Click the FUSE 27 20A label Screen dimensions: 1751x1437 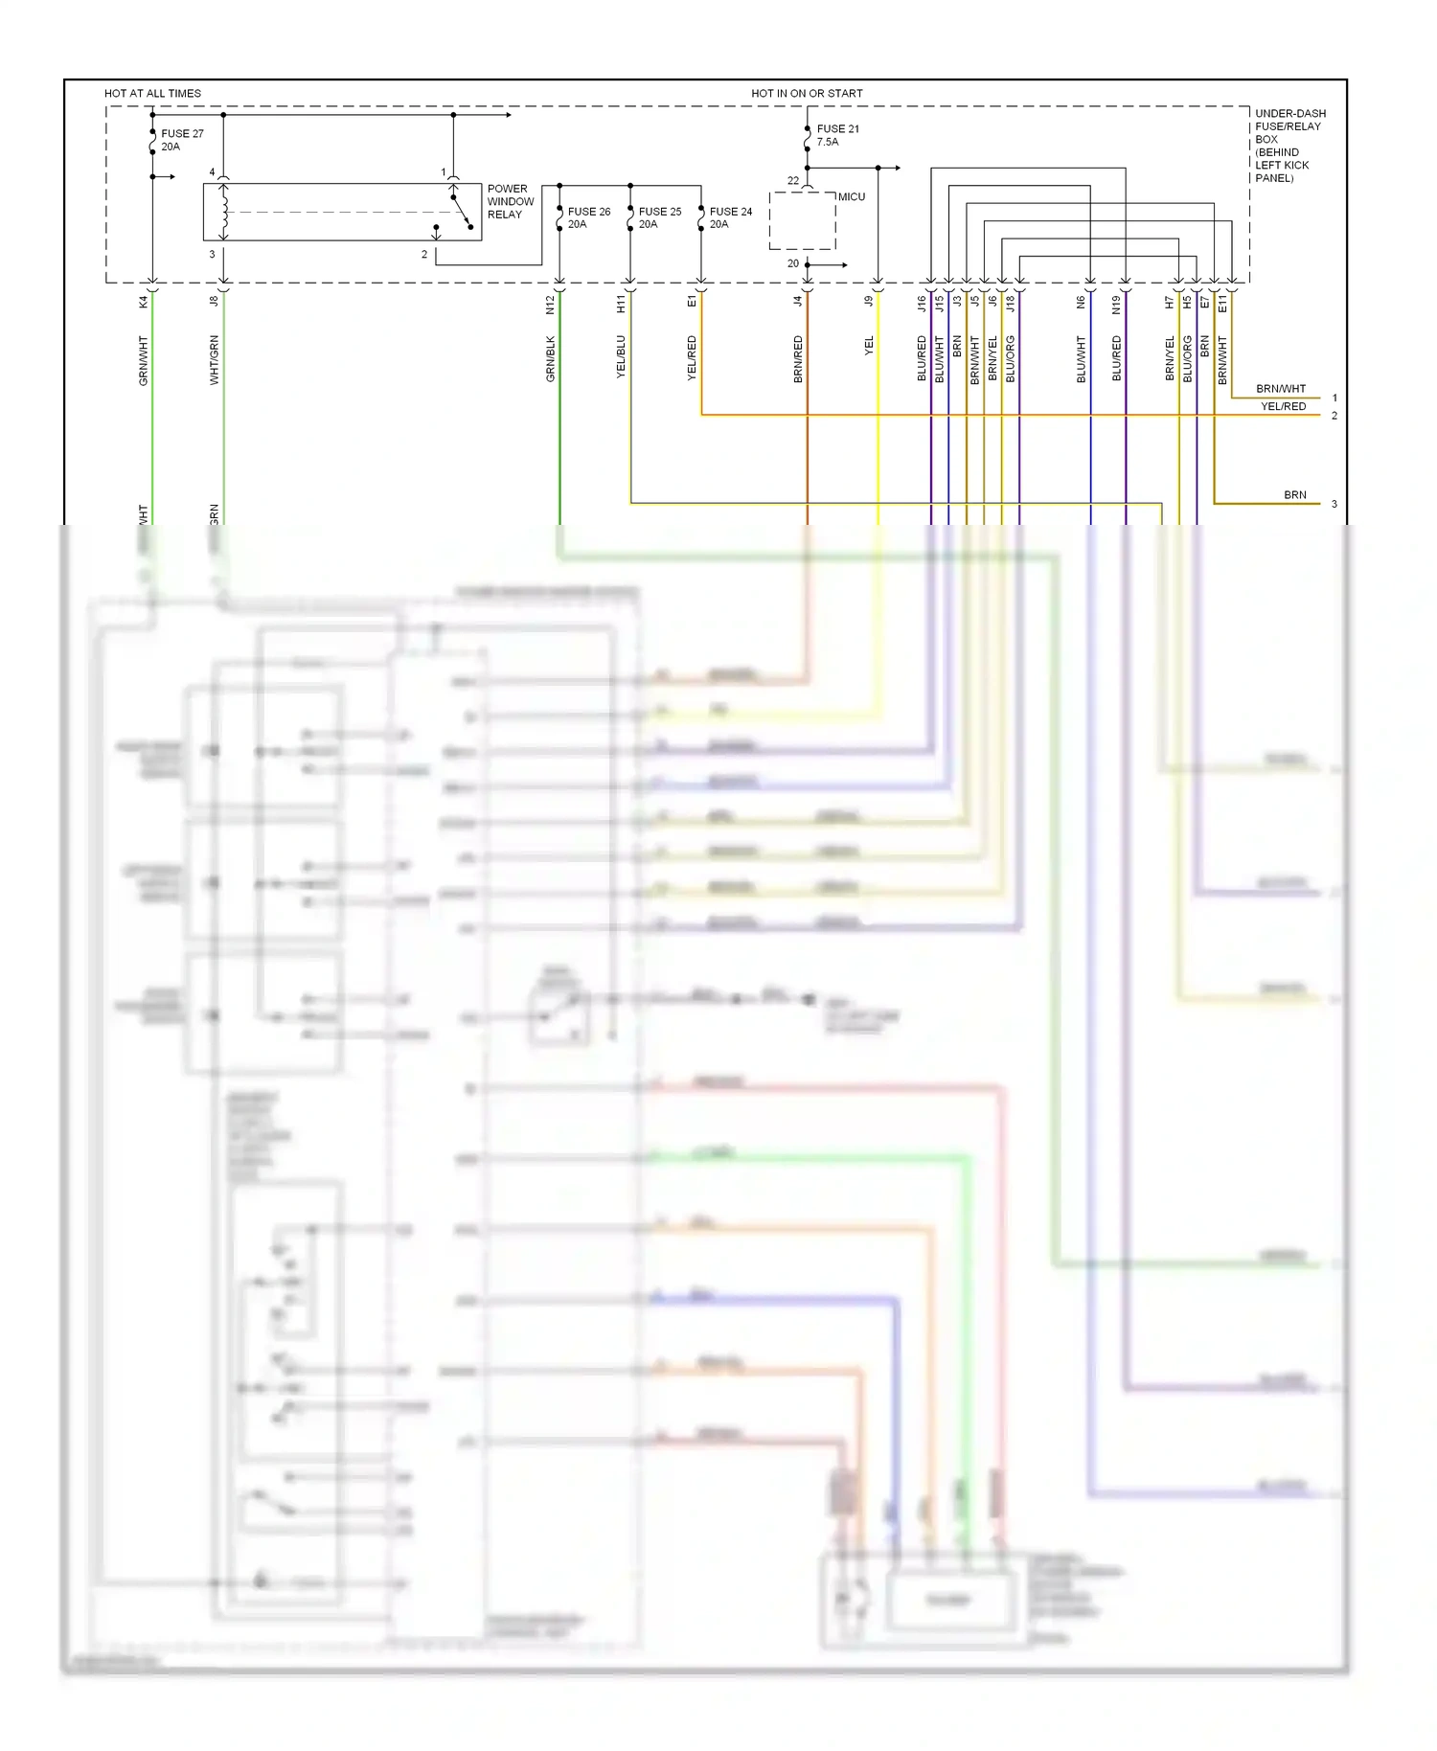[x=181, y=140]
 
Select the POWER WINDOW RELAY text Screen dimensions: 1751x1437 [x=510, y=202]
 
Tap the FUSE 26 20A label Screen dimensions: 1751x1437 [x=587, y=217]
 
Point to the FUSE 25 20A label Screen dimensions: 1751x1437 [x=659, y=217]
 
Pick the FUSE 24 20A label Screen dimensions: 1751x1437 [x=730, y=217]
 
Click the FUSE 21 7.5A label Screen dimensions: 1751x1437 [x=836, y=135]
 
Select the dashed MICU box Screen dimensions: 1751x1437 [x=803, y=221]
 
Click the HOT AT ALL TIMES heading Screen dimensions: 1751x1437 [x=152, y=94]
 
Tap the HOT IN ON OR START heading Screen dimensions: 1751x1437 [x=807, y=94]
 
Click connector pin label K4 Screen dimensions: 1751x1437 [x=144, y=302]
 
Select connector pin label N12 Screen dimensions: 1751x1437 [x=551, y=305]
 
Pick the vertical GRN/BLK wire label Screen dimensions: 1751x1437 [x=551, y=359]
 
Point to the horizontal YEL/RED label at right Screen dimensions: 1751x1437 [x=1283, y=407]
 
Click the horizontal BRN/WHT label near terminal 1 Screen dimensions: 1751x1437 [x=1280, y=389]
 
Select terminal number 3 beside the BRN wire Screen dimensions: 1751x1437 [x=1334, y=504]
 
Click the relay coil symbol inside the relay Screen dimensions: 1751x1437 [x=224, y=213]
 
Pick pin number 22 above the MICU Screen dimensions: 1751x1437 [x=793, y=180]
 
